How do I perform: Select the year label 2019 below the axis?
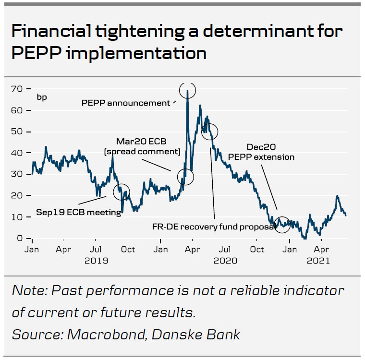coord(97,261)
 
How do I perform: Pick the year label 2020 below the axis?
coord(225,261)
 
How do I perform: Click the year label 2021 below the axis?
coord(318,261)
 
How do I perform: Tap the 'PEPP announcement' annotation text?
coord(126,103)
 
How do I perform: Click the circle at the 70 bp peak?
coord(187,90)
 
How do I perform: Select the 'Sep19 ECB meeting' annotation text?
coord(79,212)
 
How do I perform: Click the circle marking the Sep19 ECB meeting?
coord(122,192)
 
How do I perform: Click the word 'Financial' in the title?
coord(47,32)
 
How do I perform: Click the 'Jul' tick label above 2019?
coord(96,250)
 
